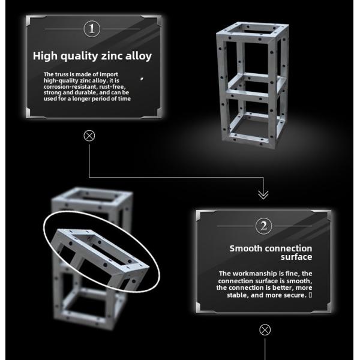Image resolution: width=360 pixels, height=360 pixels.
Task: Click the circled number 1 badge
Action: (x=92, y=28)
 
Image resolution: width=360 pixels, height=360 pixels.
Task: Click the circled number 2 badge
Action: (x=263, y=226)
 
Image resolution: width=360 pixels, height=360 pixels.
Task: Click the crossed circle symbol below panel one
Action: (x=89, y=136)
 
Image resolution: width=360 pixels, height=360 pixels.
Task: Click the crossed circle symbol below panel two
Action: (x=265, y=329)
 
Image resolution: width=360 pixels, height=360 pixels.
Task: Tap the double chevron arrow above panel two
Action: (x=263, y=194)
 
